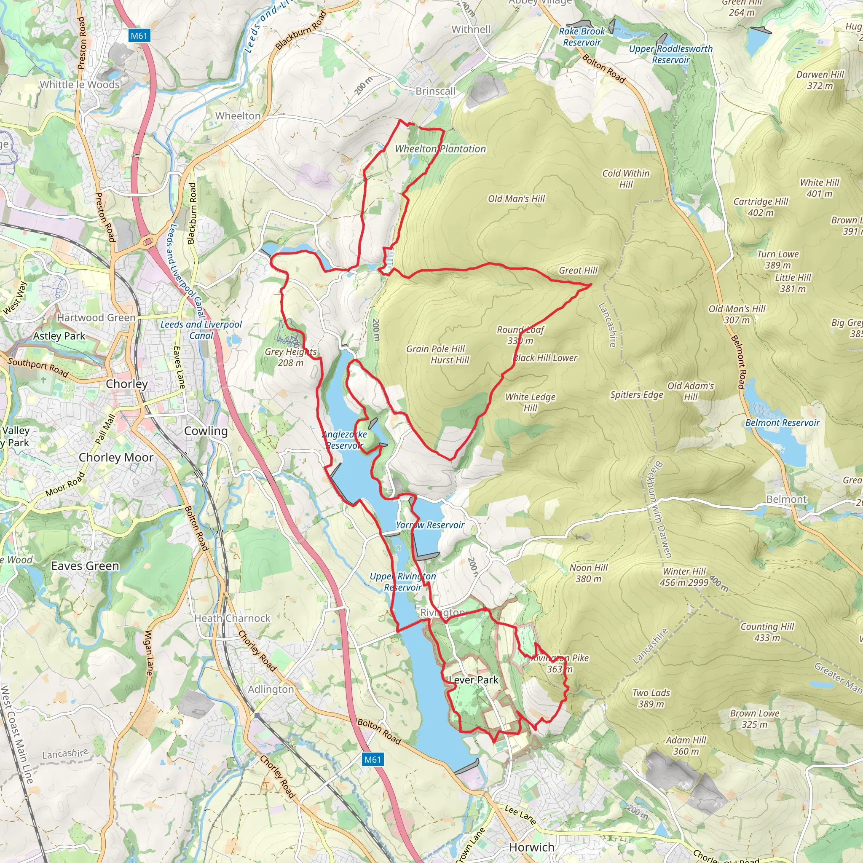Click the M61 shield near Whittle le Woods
coord(139,36)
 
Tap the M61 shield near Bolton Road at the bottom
coord(372,759)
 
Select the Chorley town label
coord(127,384)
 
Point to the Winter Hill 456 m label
coord(684,577)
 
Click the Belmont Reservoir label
coord(782,423)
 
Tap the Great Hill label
coord(578,270)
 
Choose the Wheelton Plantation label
coord(440,149)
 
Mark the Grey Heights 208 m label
coord(291,357)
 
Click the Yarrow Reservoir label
coord(430,525)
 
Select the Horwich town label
coord(531,847)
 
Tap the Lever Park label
coord(474,680)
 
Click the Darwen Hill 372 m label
coord(820,80)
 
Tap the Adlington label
coord(271,689)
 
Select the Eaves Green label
coord(85,566)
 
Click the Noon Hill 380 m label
coord(588,573)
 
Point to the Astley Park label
coord(59,336)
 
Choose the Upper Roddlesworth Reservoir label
coord(670,54)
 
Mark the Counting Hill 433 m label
coord(767,632)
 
